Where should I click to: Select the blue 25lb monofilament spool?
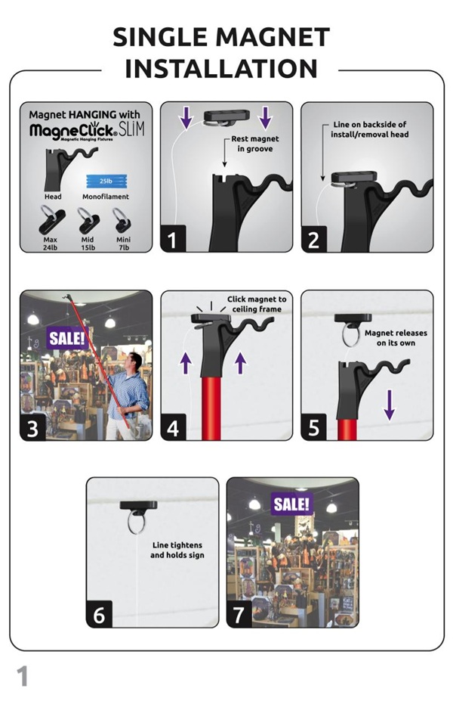pos(106,181)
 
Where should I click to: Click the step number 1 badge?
pos(173,239)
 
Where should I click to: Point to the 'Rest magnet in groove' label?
pos(255,144)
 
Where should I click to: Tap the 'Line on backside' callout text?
pos(369,129)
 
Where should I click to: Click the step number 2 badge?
pos(314,239)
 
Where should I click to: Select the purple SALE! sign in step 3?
pos(67,338)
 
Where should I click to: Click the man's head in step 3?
pos(134,362)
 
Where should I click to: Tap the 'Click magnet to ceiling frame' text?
pos(257,304)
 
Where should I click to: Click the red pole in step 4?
pos(211,408)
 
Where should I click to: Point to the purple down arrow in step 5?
pos(390,405)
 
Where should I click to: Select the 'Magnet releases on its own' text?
pos(396,338)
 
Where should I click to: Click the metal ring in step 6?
pos(137,523)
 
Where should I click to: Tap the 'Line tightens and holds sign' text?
pos(177,551)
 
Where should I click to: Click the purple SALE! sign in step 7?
pos(292,504)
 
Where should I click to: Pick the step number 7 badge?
pos(239,615)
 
